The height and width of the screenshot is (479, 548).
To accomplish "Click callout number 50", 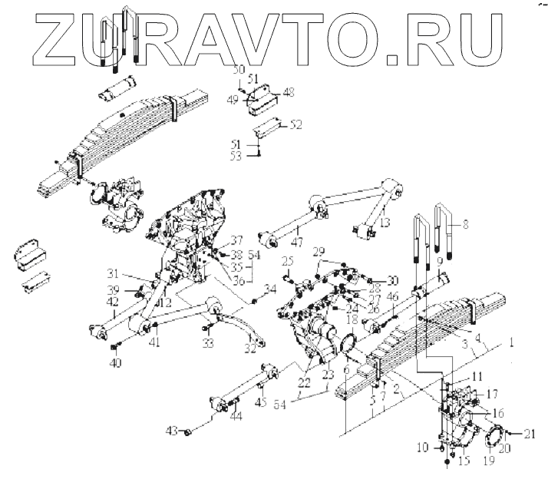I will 238,70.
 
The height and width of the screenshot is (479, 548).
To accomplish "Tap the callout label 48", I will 289,91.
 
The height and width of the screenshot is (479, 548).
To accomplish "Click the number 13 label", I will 385,222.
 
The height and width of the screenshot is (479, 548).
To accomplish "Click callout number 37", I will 237,240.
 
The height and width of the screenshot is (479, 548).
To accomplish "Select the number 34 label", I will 269,289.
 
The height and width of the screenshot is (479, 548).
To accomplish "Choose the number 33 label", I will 206,345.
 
